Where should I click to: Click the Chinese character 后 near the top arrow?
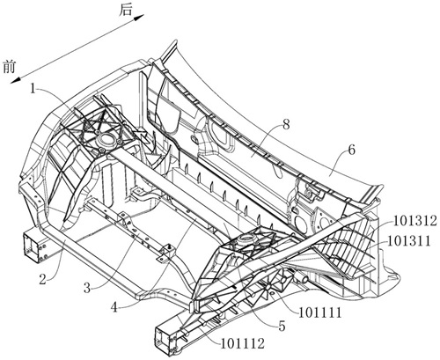(x=126, y=11)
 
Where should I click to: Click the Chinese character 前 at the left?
(x=9, y=67)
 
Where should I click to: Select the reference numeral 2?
(x=43, y=280)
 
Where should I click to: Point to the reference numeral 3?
(x=87, y=288)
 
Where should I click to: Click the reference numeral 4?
(x=114, y=307)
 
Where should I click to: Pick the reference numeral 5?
(x=282, y=327)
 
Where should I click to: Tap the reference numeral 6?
(x=351, y=150)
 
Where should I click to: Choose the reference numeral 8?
(x=286, y=125)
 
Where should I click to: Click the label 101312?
(x=415, y=221)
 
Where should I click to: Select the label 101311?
(x=409, y=241)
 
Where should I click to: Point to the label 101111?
(x=320, y=313)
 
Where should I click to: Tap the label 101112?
(x=243, y=343)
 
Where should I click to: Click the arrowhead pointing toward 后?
(x=139, y=18)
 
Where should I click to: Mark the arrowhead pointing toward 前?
(x=16, y=80)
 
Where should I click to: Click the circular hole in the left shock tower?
(x=106, y=138)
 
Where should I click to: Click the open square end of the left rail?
(x=32, y=246)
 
